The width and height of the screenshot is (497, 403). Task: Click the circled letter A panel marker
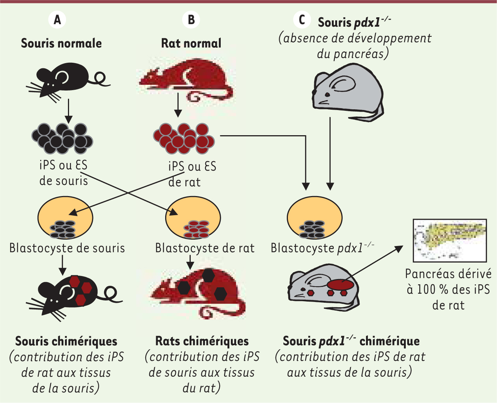click(57, 20)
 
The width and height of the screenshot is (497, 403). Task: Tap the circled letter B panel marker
click(191, 20)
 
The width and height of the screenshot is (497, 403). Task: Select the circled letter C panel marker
click(302, 20)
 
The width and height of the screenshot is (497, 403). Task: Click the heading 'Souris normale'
click(61, 43)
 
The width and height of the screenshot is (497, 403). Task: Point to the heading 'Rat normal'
click(191, 43)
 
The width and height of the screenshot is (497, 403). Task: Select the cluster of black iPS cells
click(62, 138)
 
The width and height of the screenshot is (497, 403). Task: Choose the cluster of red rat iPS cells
click(184, 138)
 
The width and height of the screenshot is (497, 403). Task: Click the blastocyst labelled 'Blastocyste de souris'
click(65, 218)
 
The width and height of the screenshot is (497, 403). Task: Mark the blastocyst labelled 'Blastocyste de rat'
click(193, 218)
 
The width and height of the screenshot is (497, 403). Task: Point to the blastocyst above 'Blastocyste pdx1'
click(315, 218)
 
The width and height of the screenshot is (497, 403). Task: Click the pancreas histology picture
click(450, 240)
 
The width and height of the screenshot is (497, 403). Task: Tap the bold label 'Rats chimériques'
click(202, 341)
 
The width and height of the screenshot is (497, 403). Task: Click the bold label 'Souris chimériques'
click(66, 341)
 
